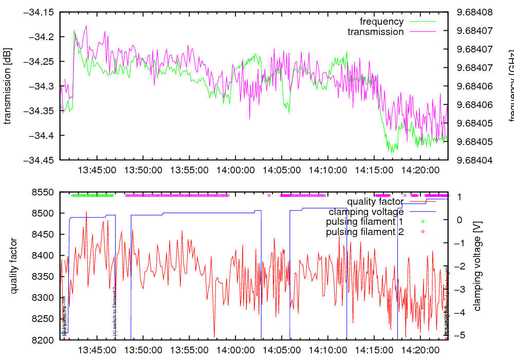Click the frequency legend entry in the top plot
[x=382, y=22]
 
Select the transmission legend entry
[x=376, y=32]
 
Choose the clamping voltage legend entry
[x=366, y=211]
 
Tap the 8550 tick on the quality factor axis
[x=44, y=192]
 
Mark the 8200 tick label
[x=44, y=340]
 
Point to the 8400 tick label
[x=44, y=256]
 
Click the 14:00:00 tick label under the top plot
[x=235, y=169]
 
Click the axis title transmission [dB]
[x=8, y=86]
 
